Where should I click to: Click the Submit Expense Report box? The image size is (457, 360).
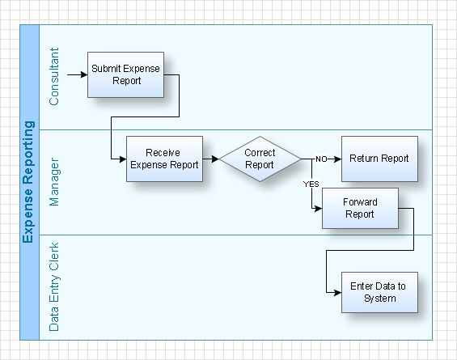pyautogui.click(x=126, y=74)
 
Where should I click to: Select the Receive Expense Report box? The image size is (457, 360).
pyautogui.click(x=164, y=159)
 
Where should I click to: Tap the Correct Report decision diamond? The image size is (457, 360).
pyautogui.click(x=260, y=159)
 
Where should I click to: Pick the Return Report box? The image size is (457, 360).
pyautogui.click(x=379, y=159)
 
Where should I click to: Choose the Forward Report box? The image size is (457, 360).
pyautogui.click(x=359, y=209)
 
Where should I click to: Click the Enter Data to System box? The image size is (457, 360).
pyautogui.click(x=379, y=292)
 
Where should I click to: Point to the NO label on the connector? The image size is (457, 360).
pyautogui.click(x=321, y=159)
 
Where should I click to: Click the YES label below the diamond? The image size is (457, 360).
pyautogui.click(x=311, y=184)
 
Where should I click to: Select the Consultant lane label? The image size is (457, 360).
pyautogui.click(x=54, y=78)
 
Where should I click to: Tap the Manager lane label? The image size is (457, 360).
pyautogui.click(x=54, y=183)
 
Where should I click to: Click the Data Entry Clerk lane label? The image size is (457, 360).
pyautogui.click(x=54, y=287)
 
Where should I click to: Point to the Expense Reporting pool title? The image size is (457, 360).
pyautogui.click(x=28, y=182)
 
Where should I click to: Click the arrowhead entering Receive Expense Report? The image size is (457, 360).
pyautogui.click(x=121, y=159)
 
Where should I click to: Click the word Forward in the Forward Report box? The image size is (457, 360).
pyautogui.click(x=359, y=202)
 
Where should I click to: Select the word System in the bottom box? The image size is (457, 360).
pyautogui.click(x=379, y=299)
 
